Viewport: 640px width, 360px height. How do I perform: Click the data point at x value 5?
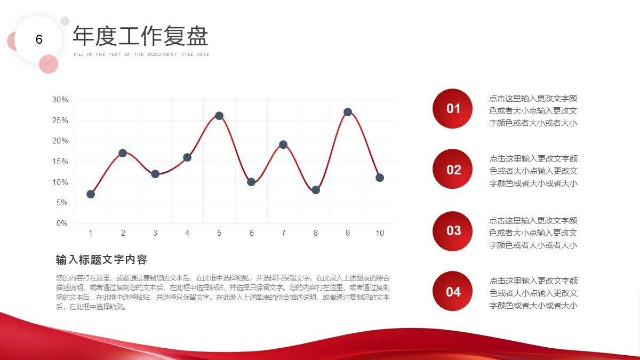coord(219,116)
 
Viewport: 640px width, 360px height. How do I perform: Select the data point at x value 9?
coord(348,112)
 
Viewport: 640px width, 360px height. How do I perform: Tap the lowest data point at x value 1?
coord(91,194)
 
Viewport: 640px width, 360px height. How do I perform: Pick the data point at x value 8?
coord(316,190)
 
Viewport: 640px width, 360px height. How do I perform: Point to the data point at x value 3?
coord(155,174)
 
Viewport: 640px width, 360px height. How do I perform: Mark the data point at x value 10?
coord(380,178)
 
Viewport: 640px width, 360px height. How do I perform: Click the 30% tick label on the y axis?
coord(60,100)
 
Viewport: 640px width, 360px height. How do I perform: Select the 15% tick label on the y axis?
coord(60,162)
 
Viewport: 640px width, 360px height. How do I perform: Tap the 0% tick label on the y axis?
coord(62,223)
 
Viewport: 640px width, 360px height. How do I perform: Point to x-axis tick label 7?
coord(283,233)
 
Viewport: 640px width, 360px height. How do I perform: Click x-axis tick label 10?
coord(380,233)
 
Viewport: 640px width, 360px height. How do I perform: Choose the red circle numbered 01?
coord(453,109)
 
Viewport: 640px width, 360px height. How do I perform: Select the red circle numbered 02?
coord(453,169)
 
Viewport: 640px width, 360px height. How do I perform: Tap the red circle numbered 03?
coord(453,231)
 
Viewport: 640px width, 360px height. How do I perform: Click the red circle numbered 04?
coord(453,291)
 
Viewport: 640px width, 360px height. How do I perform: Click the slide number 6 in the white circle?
coord(39,39)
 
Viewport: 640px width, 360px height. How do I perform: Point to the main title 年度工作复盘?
coord(140,36)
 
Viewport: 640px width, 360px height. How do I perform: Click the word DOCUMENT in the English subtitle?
coord(162,54)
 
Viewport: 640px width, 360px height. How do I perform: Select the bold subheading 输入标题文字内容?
coord(101,260)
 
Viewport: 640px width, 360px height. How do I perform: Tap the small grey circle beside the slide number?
coord(65,21)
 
